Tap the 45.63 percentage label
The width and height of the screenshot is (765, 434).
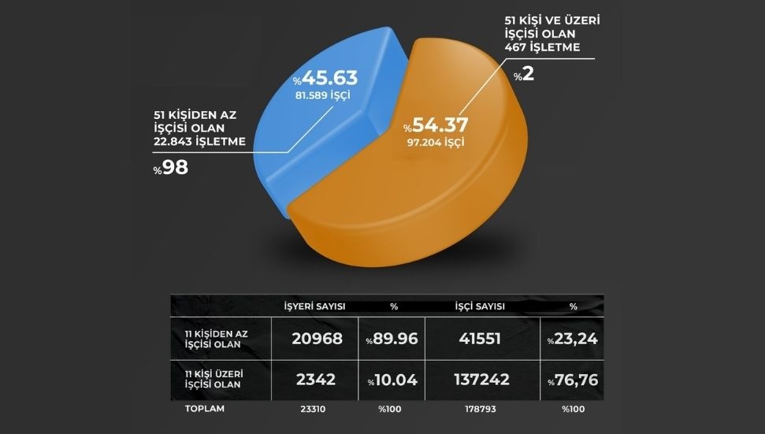pos(325,79)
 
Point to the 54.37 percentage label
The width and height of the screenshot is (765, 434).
pos(436,125)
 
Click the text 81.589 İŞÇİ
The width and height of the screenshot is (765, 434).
pos(323,96)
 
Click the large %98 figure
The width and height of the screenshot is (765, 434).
pos(171,169)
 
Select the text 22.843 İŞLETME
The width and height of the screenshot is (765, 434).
pos(200,142)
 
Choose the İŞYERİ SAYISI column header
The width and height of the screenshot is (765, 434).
pos(314,306)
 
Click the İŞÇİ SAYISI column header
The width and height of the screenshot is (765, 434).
pos(479,306)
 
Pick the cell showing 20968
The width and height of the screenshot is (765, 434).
pos(314,339)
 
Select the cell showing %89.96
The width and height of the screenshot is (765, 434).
pos(391,339)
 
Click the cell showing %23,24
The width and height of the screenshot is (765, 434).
pos(572,339)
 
